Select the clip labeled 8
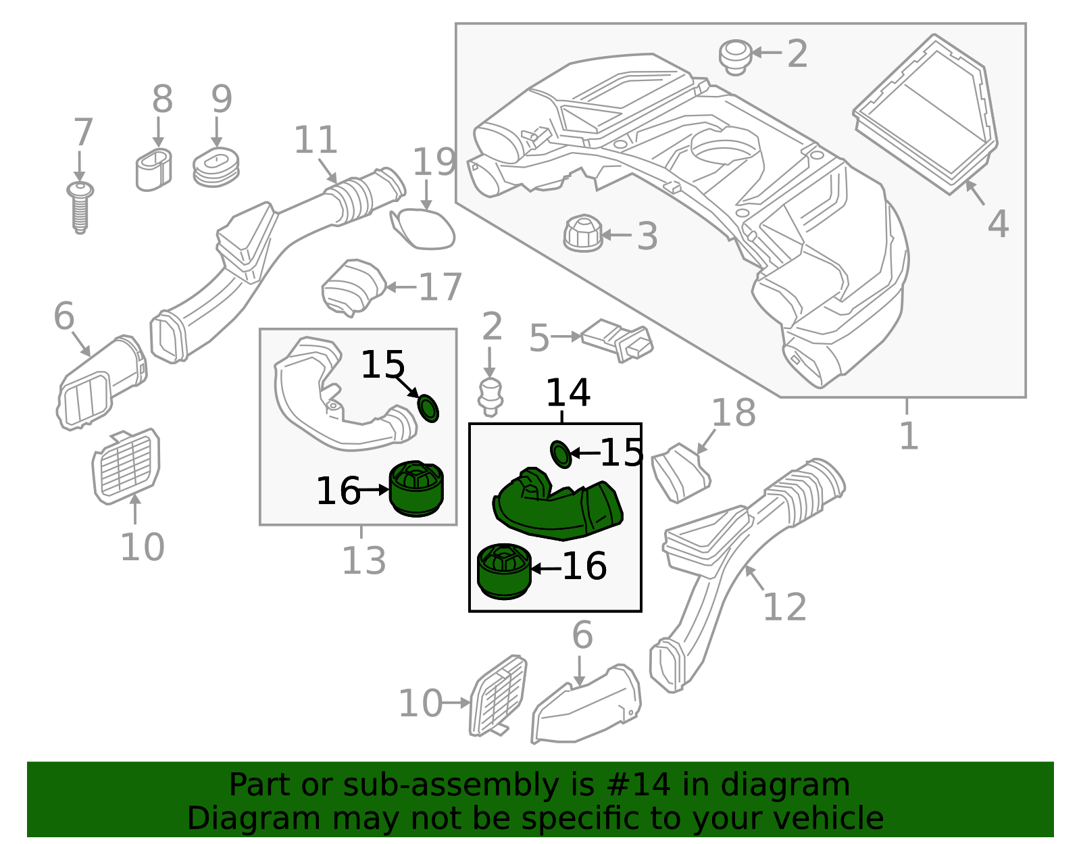click(x=153, y=170)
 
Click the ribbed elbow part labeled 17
click(x=352, y=288)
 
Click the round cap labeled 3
click(x=582, y=234)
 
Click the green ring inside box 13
click(x=428, y=408)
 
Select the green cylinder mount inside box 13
click(x=416, y=489)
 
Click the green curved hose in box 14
click(x=558, y=505)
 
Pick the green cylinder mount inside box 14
click(x=504, y=571)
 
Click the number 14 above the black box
click(x=568, y=393)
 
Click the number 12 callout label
click(x=784, y=607)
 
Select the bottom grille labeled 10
click(x=499, y=696)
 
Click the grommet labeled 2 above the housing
click(x=735, y=57)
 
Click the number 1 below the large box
click(x=909, y=436)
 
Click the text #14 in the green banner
click(x=638, y=785)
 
